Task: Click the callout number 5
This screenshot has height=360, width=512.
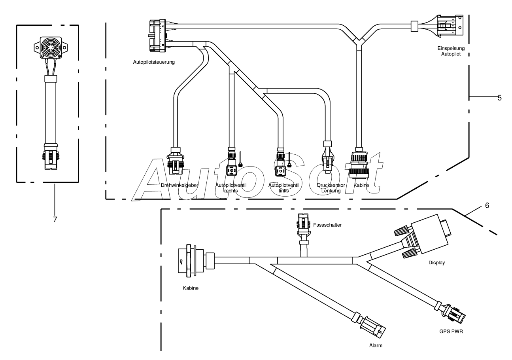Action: tap(500, 98)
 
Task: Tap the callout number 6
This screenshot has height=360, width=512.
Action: tap(487, 205)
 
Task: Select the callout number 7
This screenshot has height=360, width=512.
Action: tap(55, 219)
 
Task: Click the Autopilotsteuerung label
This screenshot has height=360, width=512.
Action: tap(154, 62)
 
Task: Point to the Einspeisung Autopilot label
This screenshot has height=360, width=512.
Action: tap(451, 51)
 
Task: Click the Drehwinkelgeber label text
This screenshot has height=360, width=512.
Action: tap(179, 185)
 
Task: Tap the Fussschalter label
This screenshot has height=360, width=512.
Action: tap(327, 225)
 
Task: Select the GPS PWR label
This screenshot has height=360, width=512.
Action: tap(451, 332)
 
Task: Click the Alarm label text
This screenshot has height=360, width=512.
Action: tap(376, 346)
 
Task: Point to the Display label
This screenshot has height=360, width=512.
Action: tap(436, 263)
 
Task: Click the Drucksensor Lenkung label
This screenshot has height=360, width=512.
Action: tap(331, 188)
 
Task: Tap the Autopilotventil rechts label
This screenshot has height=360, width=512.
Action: tap(231, 188)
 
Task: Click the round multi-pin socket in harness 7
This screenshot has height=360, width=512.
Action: tap(51, 47)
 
